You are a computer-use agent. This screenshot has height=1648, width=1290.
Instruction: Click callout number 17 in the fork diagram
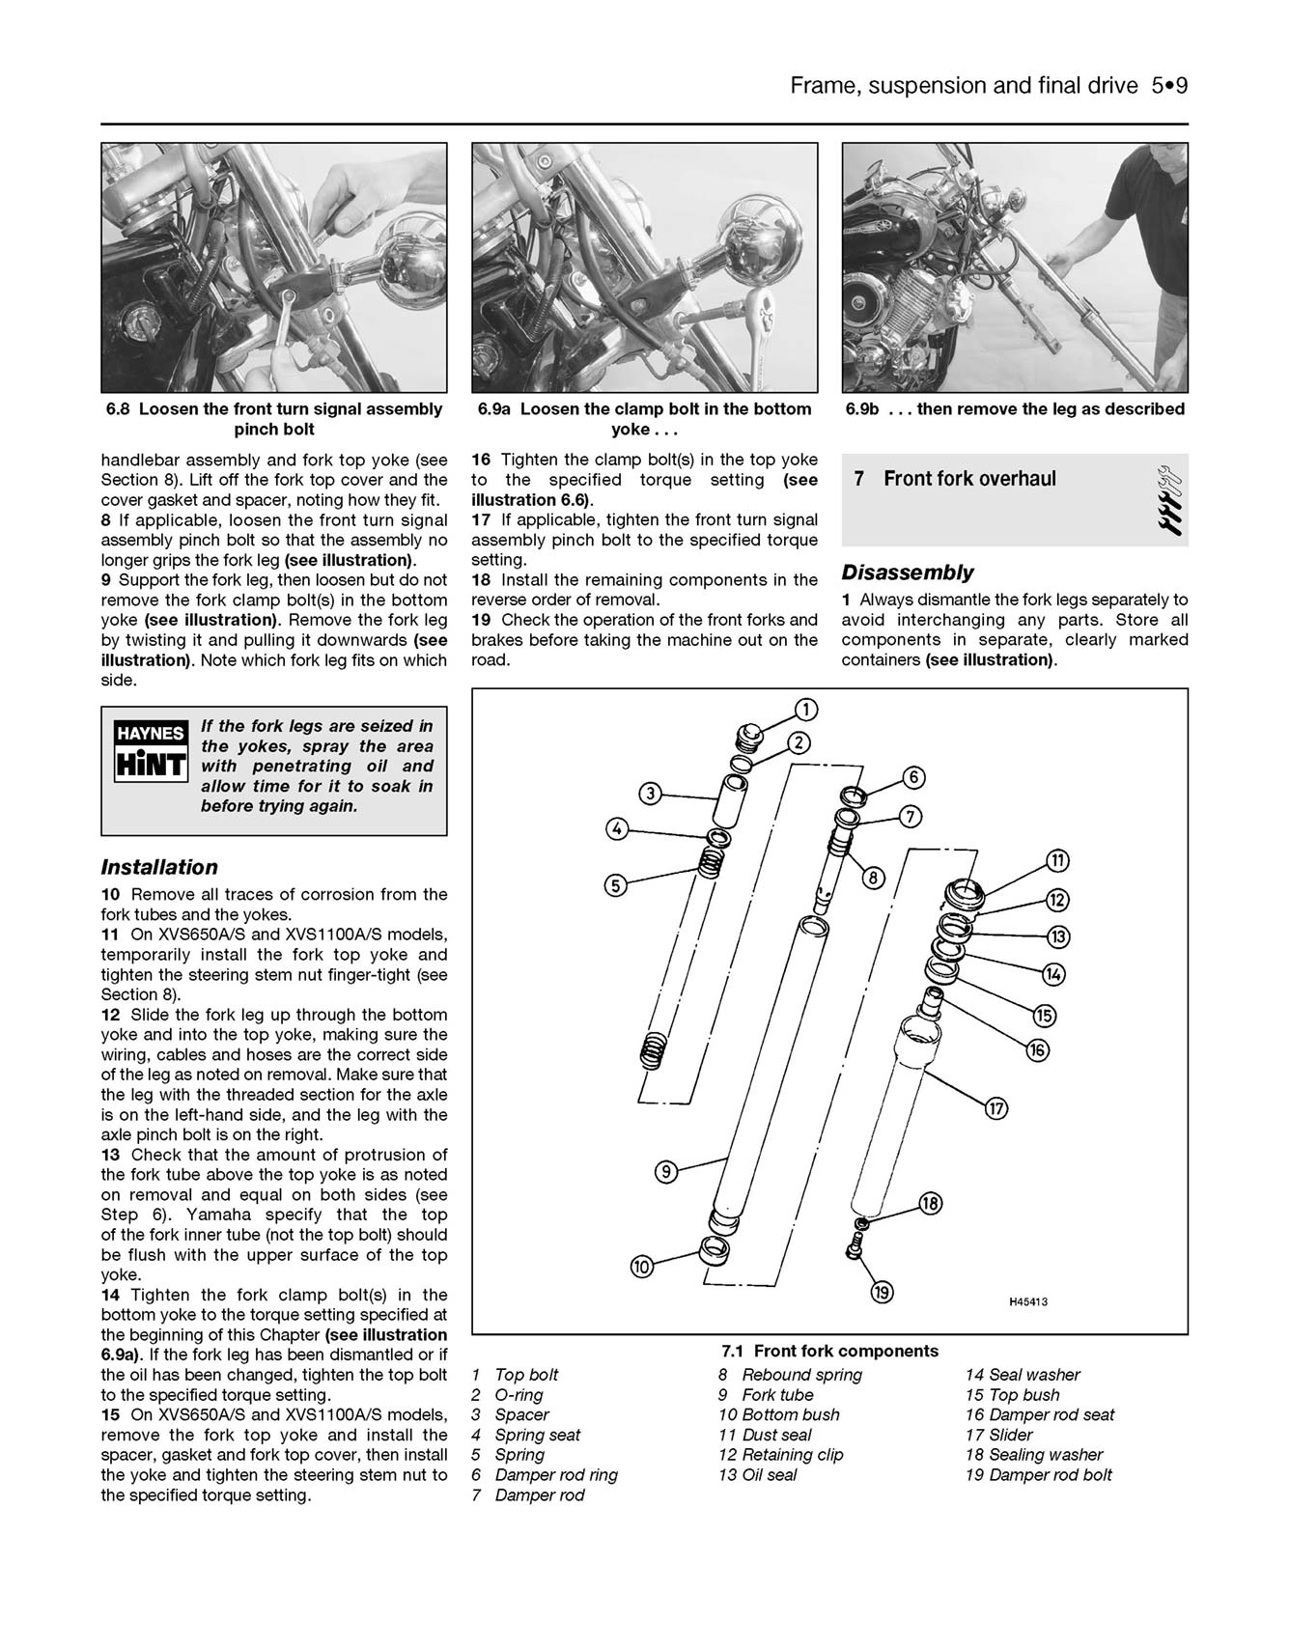[x=996, y=1108]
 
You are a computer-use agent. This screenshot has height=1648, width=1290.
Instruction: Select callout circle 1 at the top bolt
[x=804, y=711]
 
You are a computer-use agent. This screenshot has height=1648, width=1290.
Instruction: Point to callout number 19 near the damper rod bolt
[x=882, y=1292]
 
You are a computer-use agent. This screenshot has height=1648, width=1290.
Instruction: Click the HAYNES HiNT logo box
[x=151, y=750]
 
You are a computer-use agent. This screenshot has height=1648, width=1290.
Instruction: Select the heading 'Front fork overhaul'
[x=969, y=479]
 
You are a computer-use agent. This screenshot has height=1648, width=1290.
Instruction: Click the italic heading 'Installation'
[x=159, y=867]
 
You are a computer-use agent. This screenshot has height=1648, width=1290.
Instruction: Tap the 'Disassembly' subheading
[x=908, y=573]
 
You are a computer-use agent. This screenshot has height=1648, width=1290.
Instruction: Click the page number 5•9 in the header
[x=1168, y=86]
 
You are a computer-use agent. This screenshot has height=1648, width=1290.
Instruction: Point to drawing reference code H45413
[x=1028, y=1301]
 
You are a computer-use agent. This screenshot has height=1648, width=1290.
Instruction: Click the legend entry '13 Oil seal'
[x=758, y=1475]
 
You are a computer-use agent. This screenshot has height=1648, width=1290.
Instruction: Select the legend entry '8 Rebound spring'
[x=790, y=1375]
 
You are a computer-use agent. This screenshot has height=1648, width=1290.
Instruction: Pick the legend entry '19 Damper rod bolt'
[x=1038, y=1475]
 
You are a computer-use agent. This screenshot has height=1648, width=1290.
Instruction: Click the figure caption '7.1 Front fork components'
[x=829, y=1351]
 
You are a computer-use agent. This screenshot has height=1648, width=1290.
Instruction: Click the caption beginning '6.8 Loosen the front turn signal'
[x=274, y=419]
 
